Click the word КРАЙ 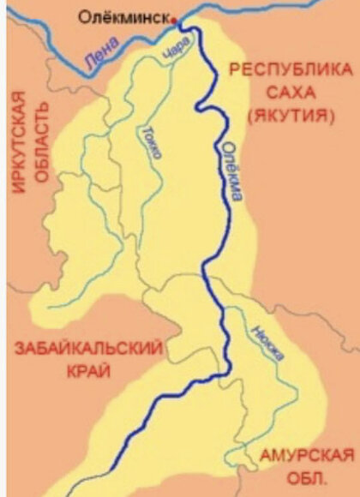pyautogui.click(x=87, y=374)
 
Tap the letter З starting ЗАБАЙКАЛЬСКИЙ pyautogui.click(x=15, y=350)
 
